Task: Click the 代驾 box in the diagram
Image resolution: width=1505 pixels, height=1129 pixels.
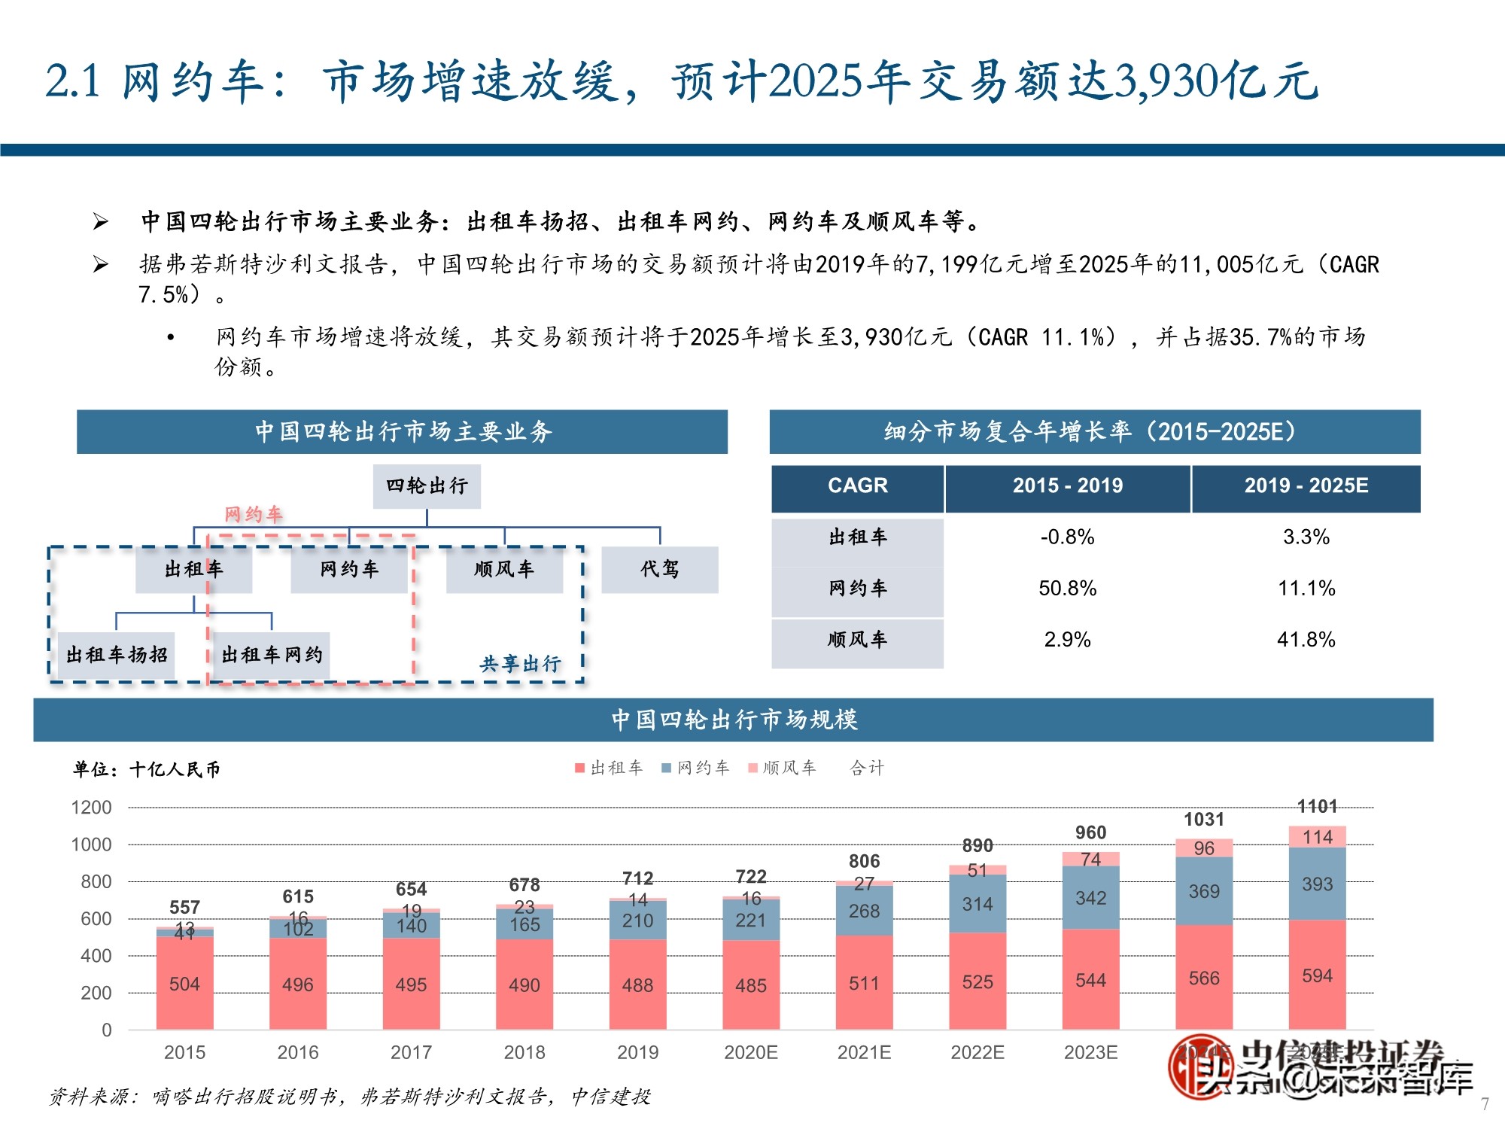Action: tap(659, 570)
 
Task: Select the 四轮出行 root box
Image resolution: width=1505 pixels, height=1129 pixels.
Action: tap(427, 486)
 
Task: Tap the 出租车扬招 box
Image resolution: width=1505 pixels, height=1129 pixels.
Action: tap(117, 655)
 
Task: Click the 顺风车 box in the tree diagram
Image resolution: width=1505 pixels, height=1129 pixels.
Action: tap(504, 570)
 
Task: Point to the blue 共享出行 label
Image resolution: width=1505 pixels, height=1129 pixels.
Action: tap(521, 664)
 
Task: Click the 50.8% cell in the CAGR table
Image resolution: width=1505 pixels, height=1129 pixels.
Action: tap(1067, 589)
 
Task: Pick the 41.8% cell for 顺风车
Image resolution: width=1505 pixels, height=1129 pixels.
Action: tap(1306, 640)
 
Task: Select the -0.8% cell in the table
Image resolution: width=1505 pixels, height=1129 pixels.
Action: tap(1067, 537)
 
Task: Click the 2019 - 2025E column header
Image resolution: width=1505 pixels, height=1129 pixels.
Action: tap(1306, 486)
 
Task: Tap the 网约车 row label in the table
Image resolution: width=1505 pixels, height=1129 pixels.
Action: tap(858, 589)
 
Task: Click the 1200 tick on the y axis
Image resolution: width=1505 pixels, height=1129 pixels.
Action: tap(91, 808)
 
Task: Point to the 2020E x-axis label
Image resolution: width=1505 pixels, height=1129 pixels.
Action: tap(750, 1052)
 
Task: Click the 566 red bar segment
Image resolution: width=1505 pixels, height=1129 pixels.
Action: tap(1203, 978)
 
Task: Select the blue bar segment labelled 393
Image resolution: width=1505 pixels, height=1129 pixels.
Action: tap(1317, 884)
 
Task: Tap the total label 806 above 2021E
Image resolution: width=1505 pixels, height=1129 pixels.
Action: tap(864, 861)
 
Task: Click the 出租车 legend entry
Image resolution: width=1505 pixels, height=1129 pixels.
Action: tap(610, 768)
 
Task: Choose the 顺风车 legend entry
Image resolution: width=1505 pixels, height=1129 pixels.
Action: tap(783, 768)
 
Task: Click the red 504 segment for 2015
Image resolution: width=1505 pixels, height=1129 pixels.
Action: tap(184, 984)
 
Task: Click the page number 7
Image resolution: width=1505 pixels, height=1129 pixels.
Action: tap(1485, 1104)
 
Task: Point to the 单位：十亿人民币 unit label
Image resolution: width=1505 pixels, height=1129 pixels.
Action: tap(147, 769)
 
